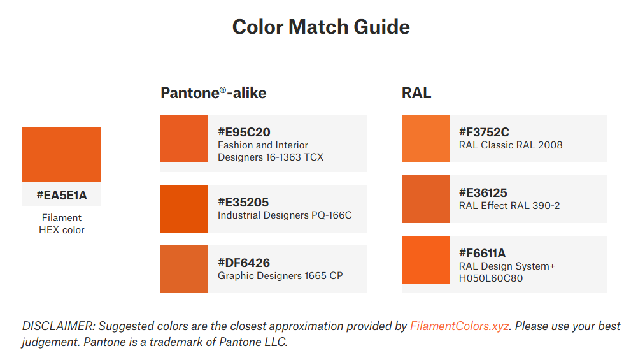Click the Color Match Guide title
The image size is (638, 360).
coord(321,27)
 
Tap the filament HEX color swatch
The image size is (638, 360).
coord(61,154)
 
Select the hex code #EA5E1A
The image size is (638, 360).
coord(61,195)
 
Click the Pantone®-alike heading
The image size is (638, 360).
coord(213,93)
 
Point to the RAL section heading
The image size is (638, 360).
coord(416,93)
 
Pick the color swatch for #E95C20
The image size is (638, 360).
coord(184,138)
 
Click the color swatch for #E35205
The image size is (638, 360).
coord(184,208)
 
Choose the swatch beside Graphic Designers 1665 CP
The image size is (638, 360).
coord(184,269)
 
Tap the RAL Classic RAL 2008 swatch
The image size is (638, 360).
coord(425,138)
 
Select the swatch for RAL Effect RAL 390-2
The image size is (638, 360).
coord(425,199)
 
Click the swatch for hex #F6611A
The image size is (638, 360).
coord(425,259)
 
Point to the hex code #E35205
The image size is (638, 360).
coord(243,202)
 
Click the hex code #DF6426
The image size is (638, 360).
coord(244,263)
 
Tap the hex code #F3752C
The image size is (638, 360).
coord(484,132)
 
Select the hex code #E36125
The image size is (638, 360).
coord(483,192)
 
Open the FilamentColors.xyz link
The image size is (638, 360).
coord(459,326)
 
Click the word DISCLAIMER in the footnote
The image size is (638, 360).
coord(59,326)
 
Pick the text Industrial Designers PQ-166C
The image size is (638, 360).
coord(285,215)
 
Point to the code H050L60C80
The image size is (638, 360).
coord(491,278)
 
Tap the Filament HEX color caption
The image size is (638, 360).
coord(61,224)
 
